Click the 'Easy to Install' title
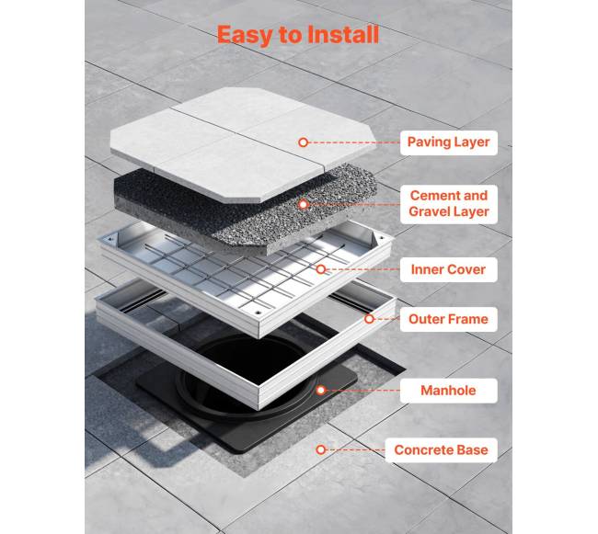pos(298,35)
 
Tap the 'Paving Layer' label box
pos(449,142)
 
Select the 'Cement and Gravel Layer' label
pos(449,204)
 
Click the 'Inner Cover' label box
pos(449,269)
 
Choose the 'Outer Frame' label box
pos(449,319)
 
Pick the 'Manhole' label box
pos(449,391)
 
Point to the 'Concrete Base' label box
pos(442,449)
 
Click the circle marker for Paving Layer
pos(304,142)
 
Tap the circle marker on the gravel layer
pos(304,205)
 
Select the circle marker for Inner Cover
pos(321,269)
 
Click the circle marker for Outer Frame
pos(369,319)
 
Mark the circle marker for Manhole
pos(321,390)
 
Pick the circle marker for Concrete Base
pos(321,449)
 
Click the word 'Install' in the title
pos(342,35)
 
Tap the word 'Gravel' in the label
pos(428,211)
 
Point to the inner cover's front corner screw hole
pos(259,312)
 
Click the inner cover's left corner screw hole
pos(110,240)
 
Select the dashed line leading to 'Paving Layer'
pos(354,142)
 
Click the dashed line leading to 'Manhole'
pos(363,391)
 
